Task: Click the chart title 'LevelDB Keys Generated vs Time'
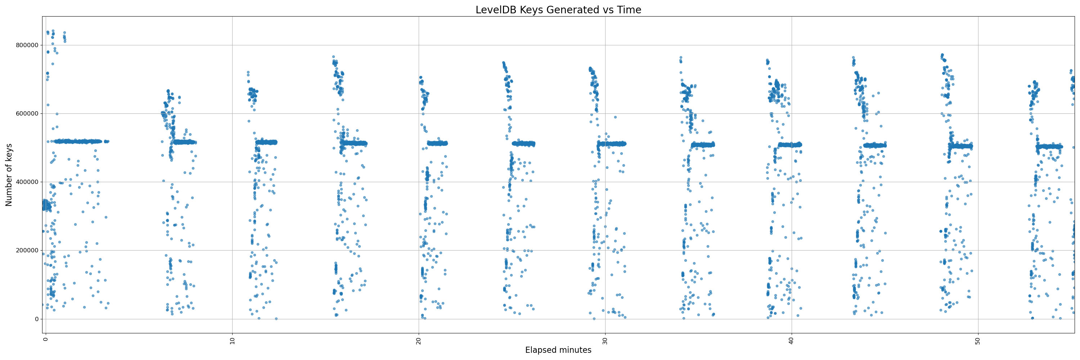[x=558, y=10]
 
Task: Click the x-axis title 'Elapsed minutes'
[x=558, y=350]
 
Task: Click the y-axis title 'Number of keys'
[x=9, y=175]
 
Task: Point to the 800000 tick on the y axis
[x=27, y=45]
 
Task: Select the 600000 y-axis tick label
[x=27, y=113]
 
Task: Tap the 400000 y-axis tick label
[x=27, y=182]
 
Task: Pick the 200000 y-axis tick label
[x=27, y=251]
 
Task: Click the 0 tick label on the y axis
[x=36, y=319]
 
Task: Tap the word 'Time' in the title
[x=629, y=10]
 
